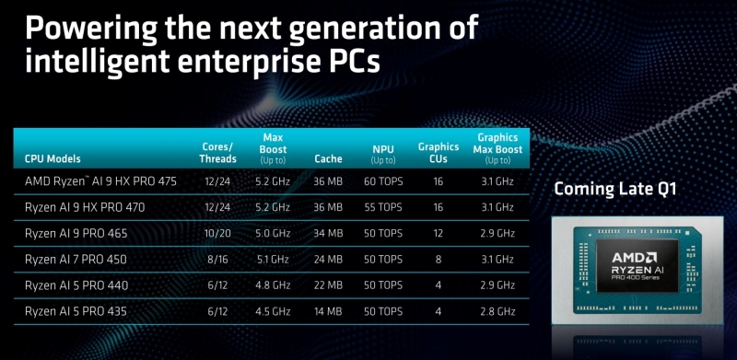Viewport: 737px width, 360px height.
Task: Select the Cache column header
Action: (328, 158)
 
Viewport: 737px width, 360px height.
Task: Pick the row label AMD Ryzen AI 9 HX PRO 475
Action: (100, 181)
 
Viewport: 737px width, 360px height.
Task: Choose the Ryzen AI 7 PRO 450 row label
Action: (76, 260)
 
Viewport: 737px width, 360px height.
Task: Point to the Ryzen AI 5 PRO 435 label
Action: (76, 311)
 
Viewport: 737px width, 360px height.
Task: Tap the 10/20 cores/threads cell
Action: (217, 234)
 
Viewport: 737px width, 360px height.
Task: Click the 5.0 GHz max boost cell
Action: (273, 234)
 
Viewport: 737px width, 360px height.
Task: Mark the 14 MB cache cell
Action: (328, 311)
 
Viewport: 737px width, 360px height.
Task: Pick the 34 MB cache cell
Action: (328, 234)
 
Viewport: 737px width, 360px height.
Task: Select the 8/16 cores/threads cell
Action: (217, 260)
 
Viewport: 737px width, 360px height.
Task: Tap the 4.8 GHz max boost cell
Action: (273, 285)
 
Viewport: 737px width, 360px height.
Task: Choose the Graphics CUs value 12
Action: (439, 234)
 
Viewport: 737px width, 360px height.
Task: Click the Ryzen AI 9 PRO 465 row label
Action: (76, 234)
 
